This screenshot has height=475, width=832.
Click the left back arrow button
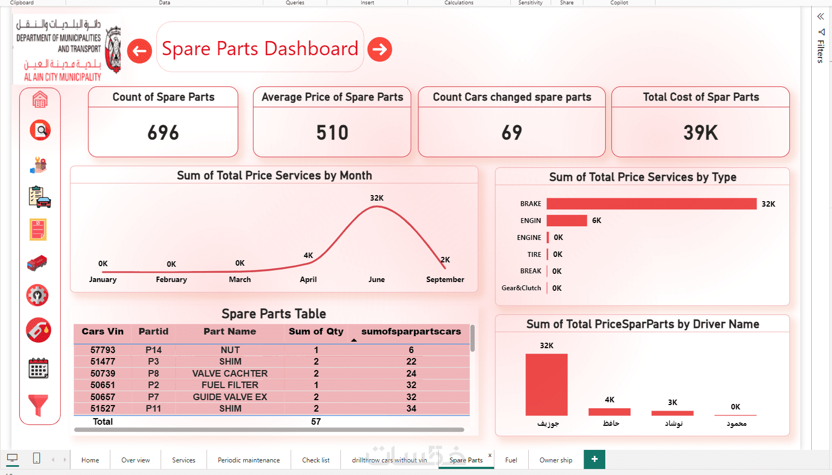pyautogui.click(x=139, y=51)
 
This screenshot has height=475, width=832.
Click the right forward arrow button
pyautogui.click(x=380, y=50)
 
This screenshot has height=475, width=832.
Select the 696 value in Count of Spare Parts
pyautogui.click(x=163, y=132)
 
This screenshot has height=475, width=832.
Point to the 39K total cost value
pyautogui.click(x=700, y=132)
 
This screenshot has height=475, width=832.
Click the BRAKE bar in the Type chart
pyautogui.click(x=651, y=204)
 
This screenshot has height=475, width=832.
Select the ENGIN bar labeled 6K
pyautogui.click(x=567, y=221)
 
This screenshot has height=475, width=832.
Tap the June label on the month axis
pyautogui.click(x=376, y=279)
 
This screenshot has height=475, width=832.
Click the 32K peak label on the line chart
pyautogui.click(x=376, y=198)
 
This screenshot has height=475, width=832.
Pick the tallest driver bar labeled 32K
pyautogui.click(x=546, y=385)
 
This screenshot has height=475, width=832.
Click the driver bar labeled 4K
pyautogui.click(x=609, y=412)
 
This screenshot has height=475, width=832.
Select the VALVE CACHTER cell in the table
pyautogui.click(x=230, y=373)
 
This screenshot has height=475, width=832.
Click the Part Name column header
pyautogui.click(x=229, y=331)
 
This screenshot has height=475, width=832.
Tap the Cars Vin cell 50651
pyautogui.click(x=103, y=385)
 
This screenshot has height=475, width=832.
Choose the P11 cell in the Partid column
pyautogui.click(x=154, y=408)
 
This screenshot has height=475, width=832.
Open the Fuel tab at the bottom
pyautogui.click(x=511, y=460)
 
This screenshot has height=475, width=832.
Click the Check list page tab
pyautogui.click(x=316, y=460)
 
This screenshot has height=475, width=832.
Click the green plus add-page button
pyautogui.click(x=594, y=459)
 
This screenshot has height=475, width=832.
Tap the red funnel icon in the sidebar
pyautogui.click(x=38, y=405)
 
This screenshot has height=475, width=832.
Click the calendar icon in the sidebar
pyautogui.click(x=38, y=368)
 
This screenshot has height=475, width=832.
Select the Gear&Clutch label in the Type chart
pyautogui.click(x=521, y=288)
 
